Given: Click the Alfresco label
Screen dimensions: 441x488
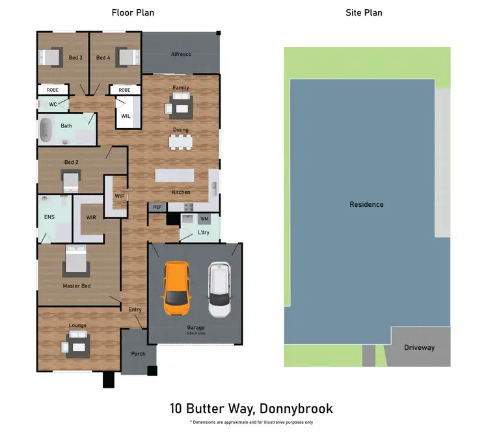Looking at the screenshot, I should pyautogui.click(x=180, y=55).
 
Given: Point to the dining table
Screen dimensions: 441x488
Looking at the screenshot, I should pyautogui.click(x=180, y=141).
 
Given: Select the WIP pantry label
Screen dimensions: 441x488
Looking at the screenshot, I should pyautogui.click(x=120, y=196).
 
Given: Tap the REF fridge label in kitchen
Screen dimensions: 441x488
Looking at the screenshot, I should pyautogui.click(x=157, y=207).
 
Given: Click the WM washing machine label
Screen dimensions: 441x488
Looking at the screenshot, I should pyautogui.click(x=204, y=219).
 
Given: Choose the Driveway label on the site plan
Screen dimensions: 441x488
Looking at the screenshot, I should pyautogui.click(x=419, y=347).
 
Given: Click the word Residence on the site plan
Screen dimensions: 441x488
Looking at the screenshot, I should pyautogui.click(x=366, y=204).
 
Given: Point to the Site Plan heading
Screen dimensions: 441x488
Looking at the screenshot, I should pyautogui.click(x=364, y=12).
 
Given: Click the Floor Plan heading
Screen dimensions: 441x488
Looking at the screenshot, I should pyautogui.click(x=133, y=12).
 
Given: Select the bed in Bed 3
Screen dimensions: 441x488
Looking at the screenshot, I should pyautogui.click(x=51, y=57).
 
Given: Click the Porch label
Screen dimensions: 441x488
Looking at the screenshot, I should pyautogui.click(x=138, y=354).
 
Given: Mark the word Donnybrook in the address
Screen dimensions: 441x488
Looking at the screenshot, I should pyautogui.click(x=296, y=408).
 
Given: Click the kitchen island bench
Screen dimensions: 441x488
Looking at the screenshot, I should pyautogui.click(x=174, y=176).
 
